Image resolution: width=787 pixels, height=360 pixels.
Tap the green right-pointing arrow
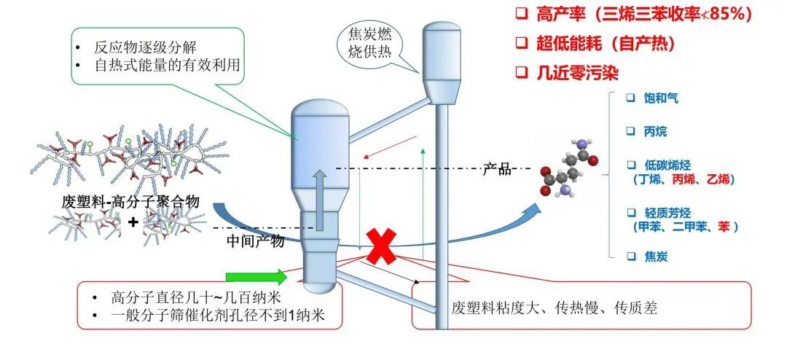(x=257, y=277)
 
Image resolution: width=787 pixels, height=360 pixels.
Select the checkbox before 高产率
(x=522, y=15)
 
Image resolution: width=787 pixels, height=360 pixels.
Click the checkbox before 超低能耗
(x=522, y=43)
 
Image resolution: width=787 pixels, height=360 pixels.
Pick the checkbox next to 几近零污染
(x=522, y=71)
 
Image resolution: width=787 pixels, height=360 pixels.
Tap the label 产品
(x=497, y=170)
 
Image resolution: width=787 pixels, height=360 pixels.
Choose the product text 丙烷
(x=655, y=132)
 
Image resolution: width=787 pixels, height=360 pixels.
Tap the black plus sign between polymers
(x=133, y=221)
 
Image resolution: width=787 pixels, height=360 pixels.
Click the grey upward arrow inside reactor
(x=318, y=197)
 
